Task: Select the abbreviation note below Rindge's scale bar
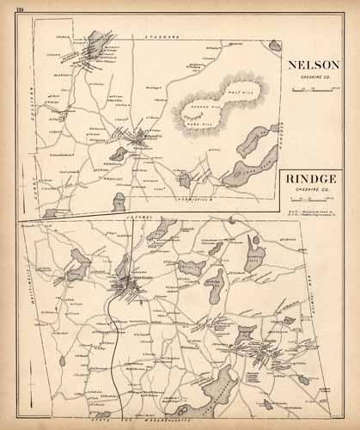[312, 209]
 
